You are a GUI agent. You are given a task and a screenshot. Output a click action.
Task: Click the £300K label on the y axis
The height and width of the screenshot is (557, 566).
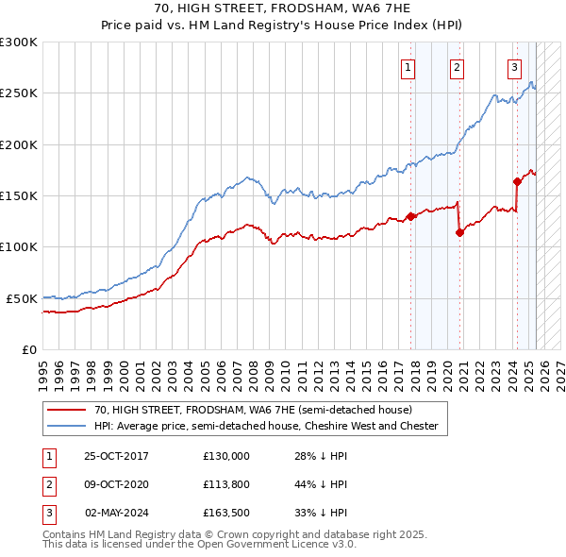[x=19, y=42]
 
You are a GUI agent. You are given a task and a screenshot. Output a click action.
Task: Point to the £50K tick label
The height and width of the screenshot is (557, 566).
[x=22, y=298]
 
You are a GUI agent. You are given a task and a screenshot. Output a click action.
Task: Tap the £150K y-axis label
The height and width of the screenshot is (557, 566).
[x=19, y=195]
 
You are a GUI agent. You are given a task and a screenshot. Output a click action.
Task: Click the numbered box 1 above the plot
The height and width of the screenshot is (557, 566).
[x=408, y=67]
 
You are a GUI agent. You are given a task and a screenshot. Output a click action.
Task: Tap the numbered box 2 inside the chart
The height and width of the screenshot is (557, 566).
[x=457, y=67]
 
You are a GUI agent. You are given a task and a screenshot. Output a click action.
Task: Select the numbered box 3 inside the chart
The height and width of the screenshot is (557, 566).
[x=515, y=67]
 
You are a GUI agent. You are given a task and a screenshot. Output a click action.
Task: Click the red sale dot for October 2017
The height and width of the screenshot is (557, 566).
[x=411, y=216]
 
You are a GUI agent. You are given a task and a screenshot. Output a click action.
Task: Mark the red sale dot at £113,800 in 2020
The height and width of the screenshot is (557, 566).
[x=459, y=233]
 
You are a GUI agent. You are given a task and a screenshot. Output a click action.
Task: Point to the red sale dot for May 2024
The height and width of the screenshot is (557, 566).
[x=517, y=182]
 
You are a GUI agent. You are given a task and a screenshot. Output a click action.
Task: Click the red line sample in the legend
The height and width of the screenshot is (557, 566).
[x=65, y=411]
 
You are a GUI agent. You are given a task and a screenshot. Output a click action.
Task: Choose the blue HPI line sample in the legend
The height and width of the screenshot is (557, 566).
[x=65, y=426]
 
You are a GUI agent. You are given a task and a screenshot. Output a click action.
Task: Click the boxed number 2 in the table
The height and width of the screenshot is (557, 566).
[x=47, y=484]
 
